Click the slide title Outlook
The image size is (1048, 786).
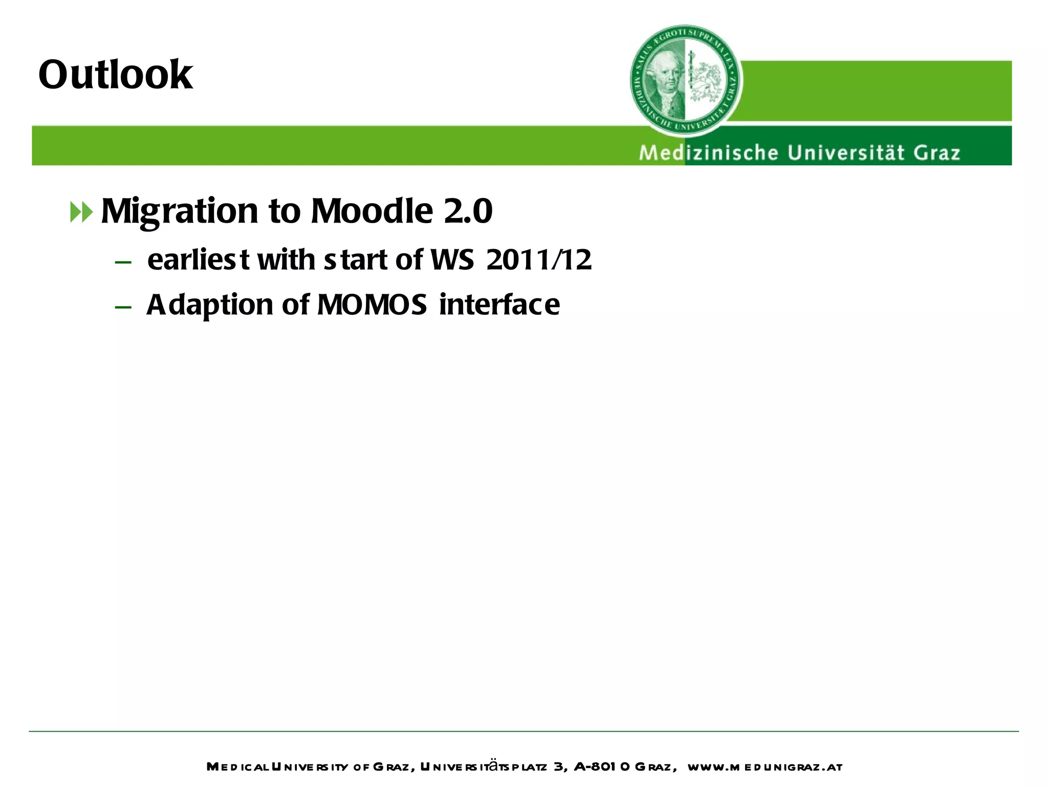point(116,75)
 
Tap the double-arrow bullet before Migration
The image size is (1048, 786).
point(81,212)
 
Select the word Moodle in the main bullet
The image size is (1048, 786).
point(372,211)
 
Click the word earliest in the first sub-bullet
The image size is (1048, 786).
point(198,259)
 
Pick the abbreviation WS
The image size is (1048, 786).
point(452,259)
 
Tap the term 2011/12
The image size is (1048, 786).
point(539,259)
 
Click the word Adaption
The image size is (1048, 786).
point(210,305)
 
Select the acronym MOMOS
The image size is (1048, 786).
point(372,304)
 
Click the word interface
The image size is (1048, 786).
point(499,304)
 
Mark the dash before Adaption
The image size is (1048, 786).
point(123,308)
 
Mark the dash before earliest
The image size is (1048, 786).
point(123,263)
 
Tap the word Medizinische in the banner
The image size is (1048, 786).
point(708,153)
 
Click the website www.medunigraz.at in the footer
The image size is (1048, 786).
point(765,767)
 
